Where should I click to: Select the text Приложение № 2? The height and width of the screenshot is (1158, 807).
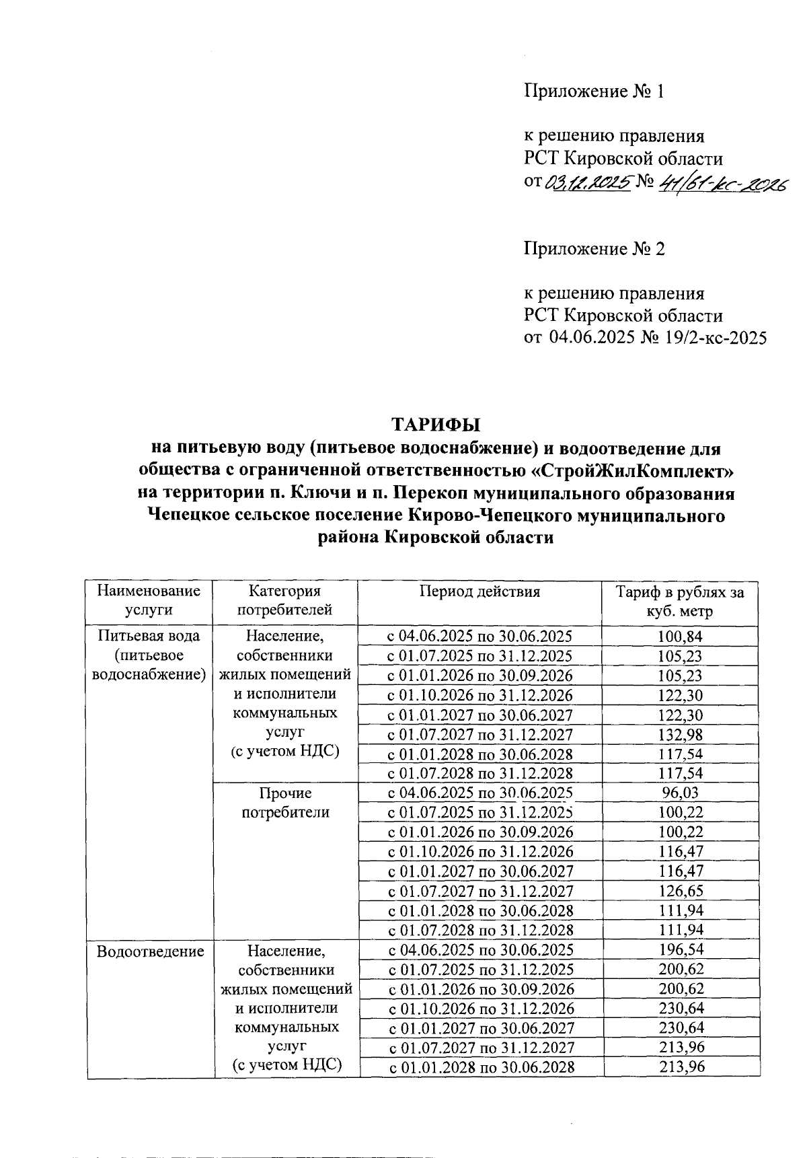(594, 250)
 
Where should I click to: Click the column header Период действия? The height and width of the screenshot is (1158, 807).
(479, 591)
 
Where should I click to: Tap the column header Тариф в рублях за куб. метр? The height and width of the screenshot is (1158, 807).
(681, 602)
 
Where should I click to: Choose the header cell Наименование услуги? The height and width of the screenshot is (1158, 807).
(149, 600)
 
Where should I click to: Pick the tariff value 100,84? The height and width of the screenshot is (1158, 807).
(681, 637)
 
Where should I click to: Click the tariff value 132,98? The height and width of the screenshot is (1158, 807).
(681, 735)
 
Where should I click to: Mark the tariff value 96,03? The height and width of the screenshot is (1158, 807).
(681, 793)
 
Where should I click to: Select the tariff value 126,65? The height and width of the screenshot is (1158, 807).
(681, 892)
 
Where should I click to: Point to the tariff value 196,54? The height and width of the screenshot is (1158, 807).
(681, 950)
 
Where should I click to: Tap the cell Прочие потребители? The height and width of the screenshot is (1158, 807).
(285, 803)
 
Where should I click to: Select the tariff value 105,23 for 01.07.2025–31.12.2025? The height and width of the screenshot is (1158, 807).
(681, 656)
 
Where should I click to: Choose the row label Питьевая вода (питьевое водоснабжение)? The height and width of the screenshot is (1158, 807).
(149, 655)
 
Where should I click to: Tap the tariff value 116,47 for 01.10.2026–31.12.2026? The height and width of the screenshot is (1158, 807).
(681, 853)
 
